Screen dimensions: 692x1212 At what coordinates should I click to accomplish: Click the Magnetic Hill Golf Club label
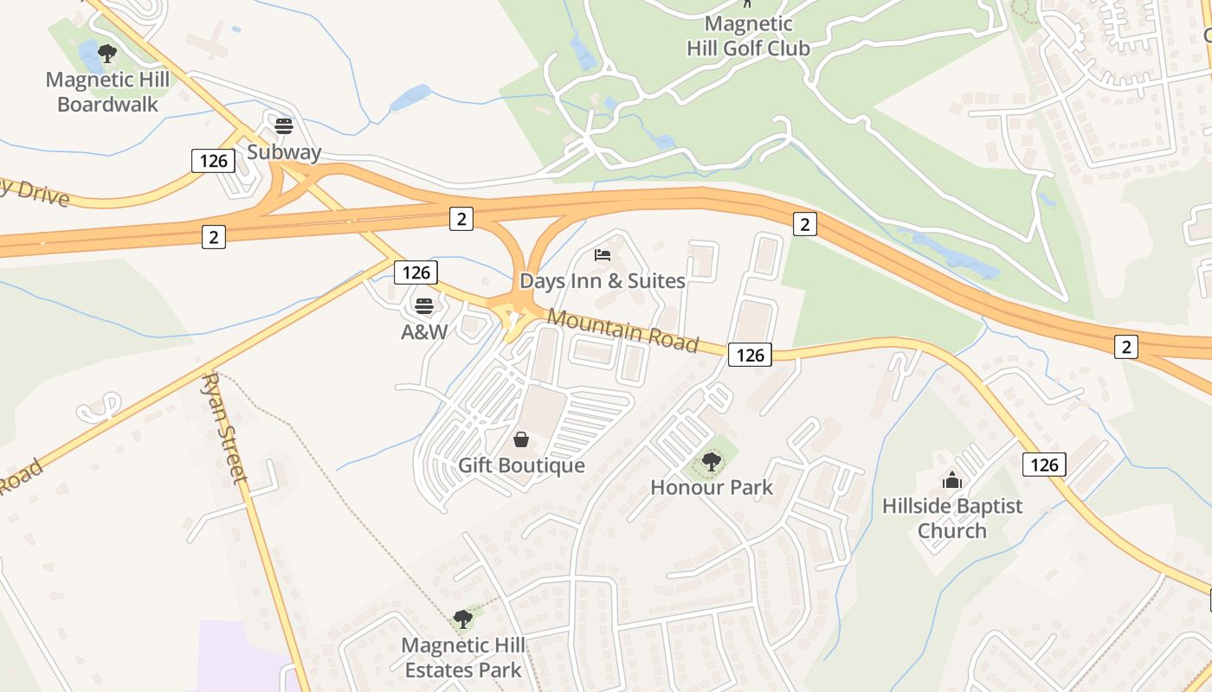[x=748, y=36]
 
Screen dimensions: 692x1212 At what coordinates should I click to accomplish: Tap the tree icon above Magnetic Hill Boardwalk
[x=107, y=54]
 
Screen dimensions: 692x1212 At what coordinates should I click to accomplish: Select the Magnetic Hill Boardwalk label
[x=108, y=92]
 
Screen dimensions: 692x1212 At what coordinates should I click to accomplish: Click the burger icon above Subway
[x=283, y=126]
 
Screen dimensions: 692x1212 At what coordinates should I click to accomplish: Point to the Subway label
[x=284, y=152]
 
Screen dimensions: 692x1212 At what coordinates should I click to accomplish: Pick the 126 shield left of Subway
[x=213, y=160]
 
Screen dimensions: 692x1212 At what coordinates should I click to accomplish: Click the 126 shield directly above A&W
[x=416, y=272]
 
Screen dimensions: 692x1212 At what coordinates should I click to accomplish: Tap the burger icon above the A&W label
[x=423, y=305]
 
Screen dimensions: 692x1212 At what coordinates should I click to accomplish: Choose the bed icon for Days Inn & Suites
[x=603, y=255]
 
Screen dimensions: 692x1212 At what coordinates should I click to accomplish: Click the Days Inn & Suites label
[x=603, y=281]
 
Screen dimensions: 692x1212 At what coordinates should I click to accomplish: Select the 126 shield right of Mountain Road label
[x=750, y=354]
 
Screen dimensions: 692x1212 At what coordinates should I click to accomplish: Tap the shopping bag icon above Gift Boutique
[x=521, y=440]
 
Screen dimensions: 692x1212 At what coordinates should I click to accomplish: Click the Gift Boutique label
[x=521, y=465]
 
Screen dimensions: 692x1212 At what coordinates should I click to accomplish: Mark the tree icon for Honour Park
[x=712, y=462]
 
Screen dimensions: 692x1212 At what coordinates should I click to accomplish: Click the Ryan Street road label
[x=227, y=428]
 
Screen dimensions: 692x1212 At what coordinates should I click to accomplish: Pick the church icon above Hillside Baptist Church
[x=952, y=480]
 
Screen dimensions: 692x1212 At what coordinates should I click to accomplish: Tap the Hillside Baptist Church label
[x=952, y=518]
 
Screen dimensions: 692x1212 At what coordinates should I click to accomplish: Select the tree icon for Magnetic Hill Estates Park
[x=463, y=619]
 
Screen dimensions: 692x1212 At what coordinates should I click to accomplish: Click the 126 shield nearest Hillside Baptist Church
[x=1044, y=465]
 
